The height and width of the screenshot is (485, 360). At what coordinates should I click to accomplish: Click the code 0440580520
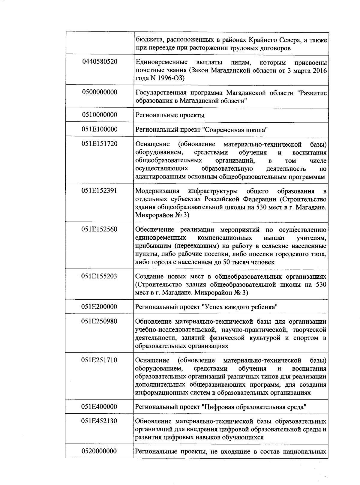(x=99, y=62)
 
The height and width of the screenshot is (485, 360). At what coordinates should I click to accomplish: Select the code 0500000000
(x=99, y=92)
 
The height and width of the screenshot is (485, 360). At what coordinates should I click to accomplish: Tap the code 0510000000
(x=99, y=115)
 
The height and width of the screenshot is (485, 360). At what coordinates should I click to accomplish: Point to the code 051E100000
(x=99, y=129)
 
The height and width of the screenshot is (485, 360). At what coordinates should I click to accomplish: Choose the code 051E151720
(x=99, y=144)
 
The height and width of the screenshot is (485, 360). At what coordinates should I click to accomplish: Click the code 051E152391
(x=99, y=191)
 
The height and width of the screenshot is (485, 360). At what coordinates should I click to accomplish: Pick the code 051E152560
(x=99, y=229)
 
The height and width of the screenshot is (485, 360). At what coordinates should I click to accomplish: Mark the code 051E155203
(x=99, y=276)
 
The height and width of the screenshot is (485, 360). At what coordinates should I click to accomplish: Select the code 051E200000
(x=99, y=307)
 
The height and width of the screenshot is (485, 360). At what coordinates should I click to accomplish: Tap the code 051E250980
(x=99, y=322)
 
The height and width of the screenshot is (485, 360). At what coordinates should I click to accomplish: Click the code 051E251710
(x=99, y=360)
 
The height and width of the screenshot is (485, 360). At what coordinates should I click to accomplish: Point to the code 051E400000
(x=99, y=407)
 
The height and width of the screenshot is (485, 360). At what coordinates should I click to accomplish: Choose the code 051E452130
(x=99, y=421)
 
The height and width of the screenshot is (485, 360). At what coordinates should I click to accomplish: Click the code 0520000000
(x=99, y=451)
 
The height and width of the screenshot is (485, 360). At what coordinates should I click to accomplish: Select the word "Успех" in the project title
(x=211, y=307)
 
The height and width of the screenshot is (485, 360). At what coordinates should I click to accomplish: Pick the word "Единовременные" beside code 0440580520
(x=161, y=62)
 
